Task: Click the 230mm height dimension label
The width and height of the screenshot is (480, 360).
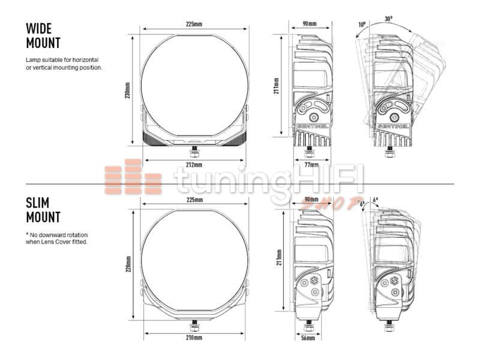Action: [x=128, y=91]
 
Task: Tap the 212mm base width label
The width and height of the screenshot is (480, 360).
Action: [x=194, y=165]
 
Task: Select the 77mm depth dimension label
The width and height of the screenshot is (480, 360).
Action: [x=311, y=165]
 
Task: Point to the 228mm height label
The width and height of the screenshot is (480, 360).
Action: [x=128, y=264]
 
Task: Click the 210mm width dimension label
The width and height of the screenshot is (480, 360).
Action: [x=194, y=338]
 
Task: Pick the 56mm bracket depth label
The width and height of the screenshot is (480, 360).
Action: [x=308, y=338]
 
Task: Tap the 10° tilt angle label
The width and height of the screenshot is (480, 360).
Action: [x=362, y=24]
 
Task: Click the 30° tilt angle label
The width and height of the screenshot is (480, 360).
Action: [x=388, y=19]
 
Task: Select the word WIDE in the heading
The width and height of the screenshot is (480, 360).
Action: [x=39, y=29]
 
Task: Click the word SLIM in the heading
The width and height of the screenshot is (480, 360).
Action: [x=38, y=203]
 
